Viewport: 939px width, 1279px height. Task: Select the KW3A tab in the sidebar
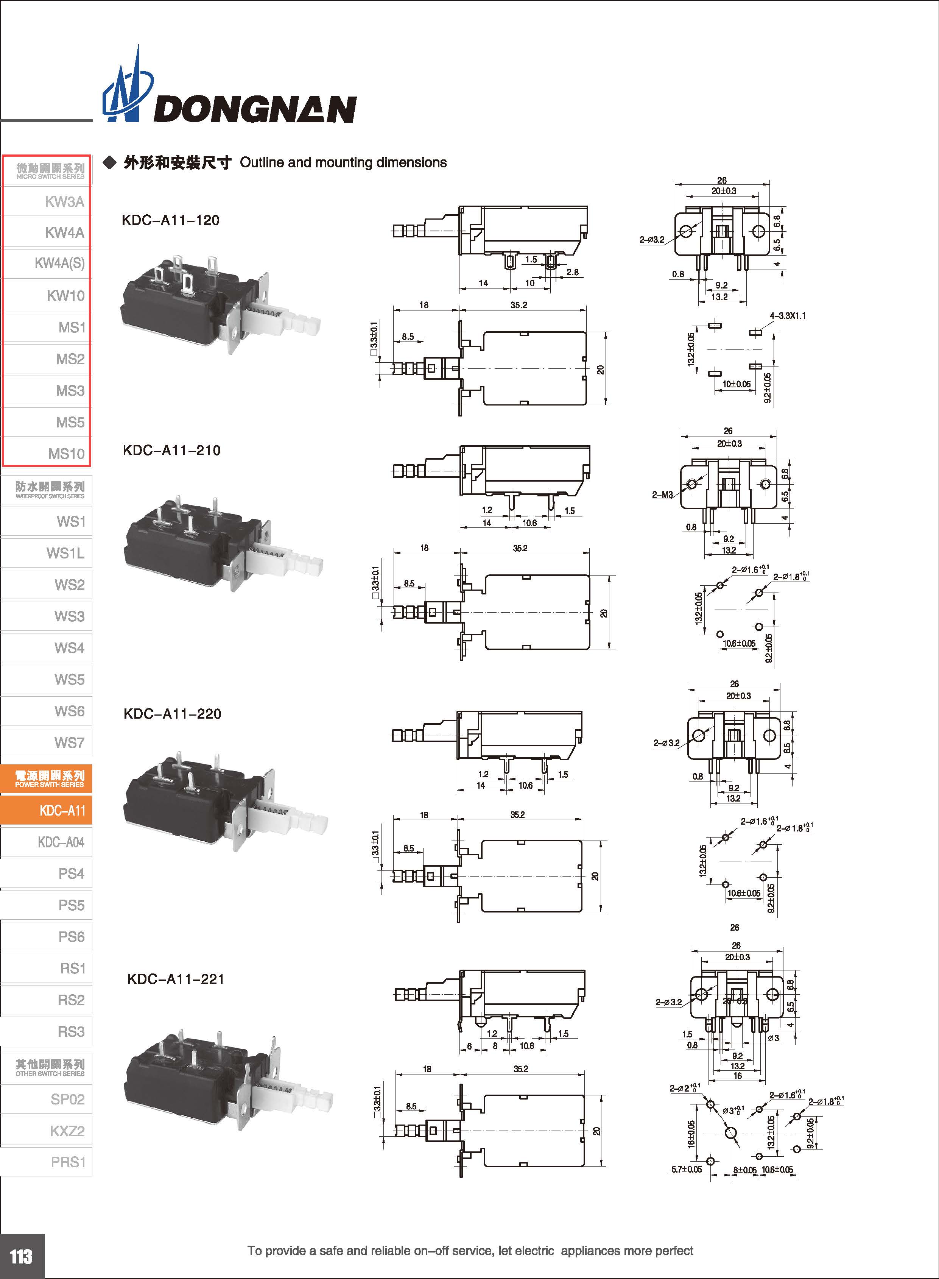tap(64, 202)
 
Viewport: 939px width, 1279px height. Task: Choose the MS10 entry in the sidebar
tap(66, 454)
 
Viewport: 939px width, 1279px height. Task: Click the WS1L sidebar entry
tap(65, 553)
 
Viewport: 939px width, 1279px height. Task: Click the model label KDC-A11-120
tap(171, 221)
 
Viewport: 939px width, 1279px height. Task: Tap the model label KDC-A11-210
tap(172, 451)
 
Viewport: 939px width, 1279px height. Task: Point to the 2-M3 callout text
tap(662, 495)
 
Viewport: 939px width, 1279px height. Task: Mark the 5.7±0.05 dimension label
tap(686, 1169)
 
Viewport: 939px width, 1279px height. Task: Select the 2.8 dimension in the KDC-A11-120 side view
tap(572, 272)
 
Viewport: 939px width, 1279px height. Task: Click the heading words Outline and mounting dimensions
tap(343, 163)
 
